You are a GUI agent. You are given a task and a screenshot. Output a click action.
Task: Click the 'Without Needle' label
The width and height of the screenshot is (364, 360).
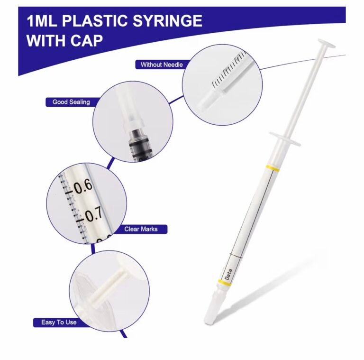tap(162, 65)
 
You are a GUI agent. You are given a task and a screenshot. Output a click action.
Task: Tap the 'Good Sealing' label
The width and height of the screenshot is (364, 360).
tap(71, 102)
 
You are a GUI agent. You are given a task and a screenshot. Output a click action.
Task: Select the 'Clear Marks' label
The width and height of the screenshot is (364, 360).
tap(141, 229)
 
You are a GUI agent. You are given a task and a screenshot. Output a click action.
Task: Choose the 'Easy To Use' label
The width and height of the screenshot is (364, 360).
tap(59, 323)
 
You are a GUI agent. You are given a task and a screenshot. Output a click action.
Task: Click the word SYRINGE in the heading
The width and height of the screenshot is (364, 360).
tap(167, 21)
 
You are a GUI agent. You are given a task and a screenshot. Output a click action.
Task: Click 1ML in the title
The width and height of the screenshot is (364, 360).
tap(42, 21)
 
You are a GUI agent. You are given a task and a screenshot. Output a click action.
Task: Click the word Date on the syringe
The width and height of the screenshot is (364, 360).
tap(228, 274)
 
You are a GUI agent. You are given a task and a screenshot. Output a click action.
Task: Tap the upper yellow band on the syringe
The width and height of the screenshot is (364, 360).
tap(273, 168)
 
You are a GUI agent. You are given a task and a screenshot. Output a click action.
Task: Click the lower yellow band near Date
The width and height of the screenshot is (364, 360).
tap(225, 283)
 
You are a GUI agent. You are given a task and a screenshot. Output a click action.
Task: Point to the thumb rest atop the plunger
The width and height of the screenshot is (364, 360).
tap(327, 43)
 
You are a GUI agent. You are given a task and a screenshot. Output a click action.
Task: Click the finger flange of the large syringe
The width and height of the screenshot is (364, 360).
tap(285, 139)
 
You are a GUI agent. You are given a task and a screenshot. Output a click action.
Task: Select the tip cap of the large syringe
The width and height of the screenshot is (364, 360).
tap(213, 306)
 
